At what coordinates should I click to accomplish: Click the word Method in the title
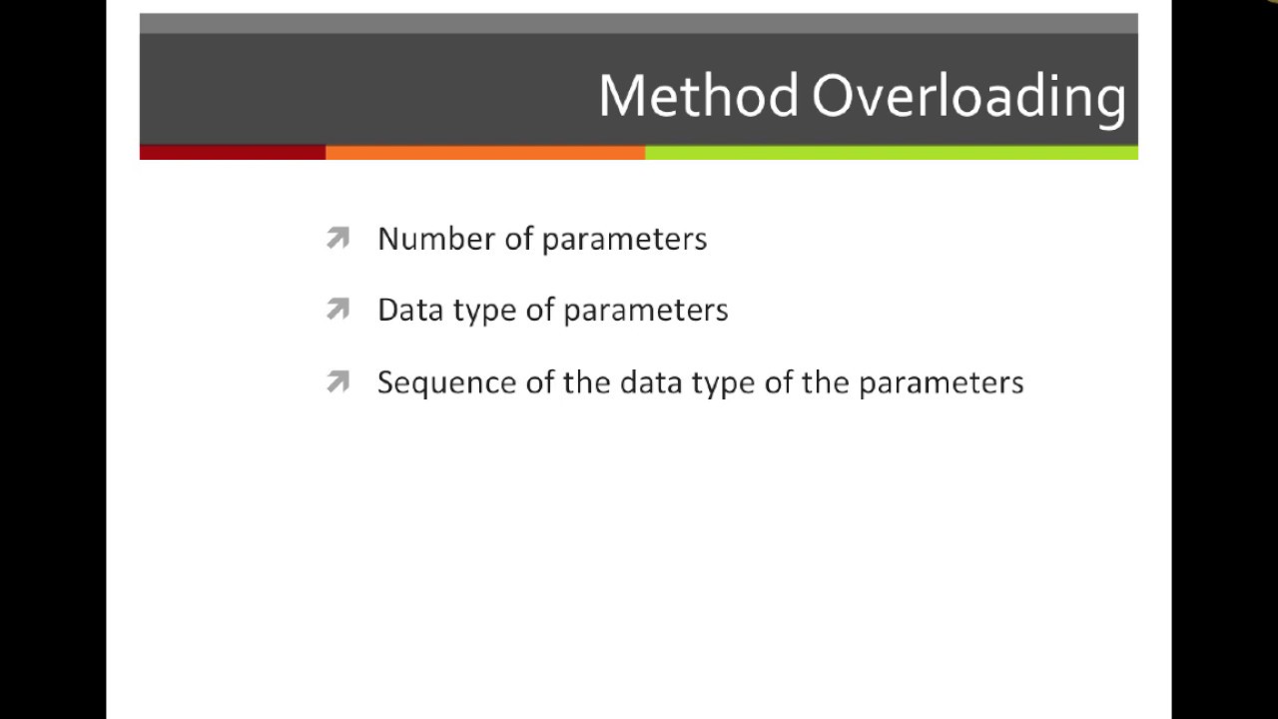tap(698, 96)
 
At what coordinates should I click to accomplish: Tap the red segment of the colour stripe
tap(232, 153)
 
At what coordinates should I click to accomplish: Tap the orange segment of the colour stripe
tap(484, 153)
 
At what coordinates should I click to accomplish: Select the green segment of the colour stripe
tap(891, 153)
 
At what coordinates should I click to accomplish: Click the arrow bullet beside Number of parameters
tap(337, 238)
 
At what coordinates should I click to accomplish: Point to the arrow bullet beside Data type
tap(337, 310)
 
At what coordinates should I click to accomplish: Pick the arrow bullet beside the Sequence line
tap(337, 381)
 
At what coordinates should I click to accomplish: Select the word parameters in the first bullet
tap(624, 240)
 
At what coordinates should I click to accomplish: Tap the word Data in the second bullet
tap(410, 311)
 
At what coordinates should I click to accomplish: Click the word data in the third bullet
tap(650, 382)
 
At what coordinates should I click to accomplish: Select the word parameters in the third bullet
tap(941, 383)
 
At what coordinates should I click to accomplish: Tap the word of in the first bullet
tap(518, 239)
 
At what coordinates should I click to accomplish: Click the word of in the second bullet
tap(539, 311)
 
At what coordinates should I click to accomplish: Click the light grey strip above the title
tap(638, 23)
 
